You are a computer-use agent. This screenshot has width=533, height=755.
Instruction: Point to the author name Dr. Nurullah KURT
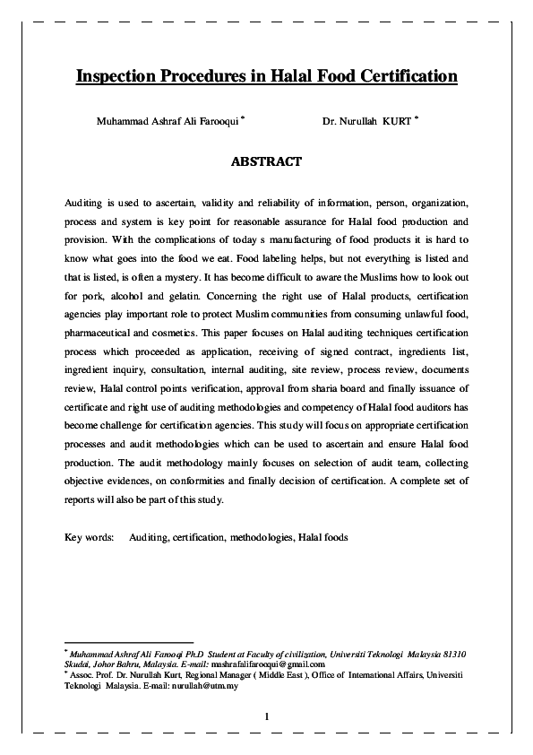367,121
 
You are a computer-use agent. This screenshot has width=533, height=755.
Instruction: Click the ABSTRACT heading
266,162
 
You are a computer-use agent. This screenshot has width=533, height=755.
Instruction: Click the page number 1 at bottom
266,715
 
